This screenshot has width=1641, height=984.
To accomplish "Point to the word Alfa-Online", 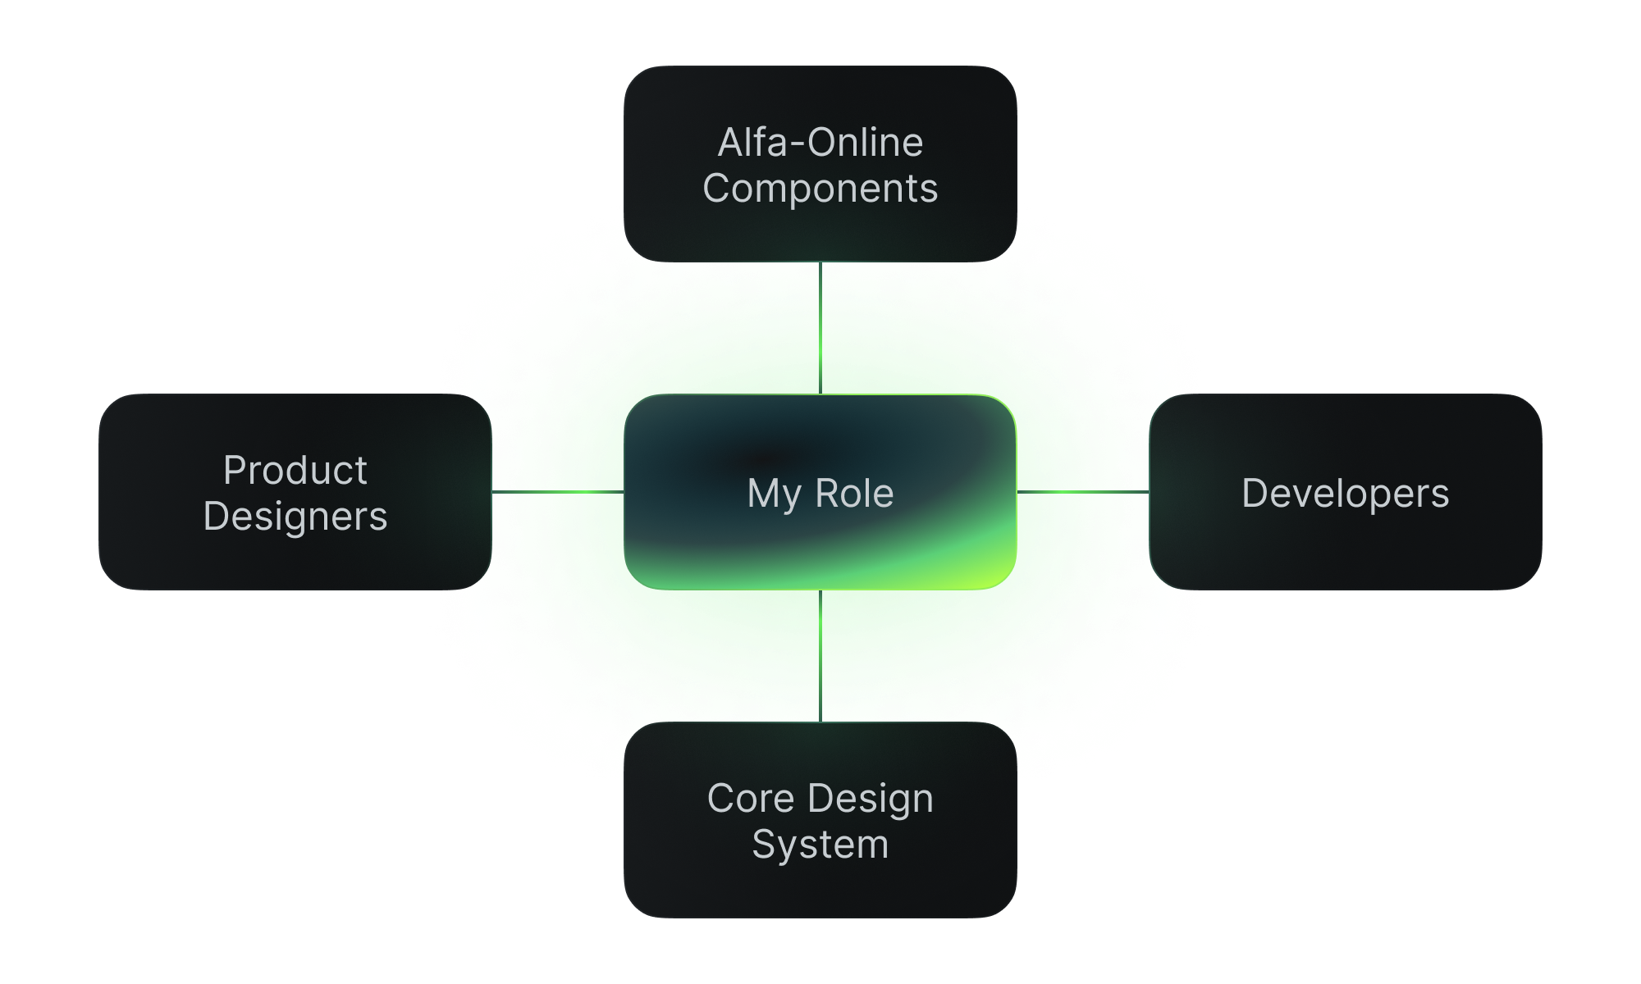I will (820, 143).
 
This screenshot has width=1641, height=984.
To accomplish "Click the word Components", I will (820, 189).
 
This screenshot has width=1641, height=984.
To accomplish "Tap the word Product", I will (295, 471).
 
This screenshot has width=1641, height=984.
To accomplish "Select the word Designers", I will (295, 517).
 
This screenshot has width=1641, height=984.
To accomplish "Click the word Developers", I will (1346, 494).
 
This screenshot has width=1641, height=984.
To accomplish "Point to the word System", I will (820, 845).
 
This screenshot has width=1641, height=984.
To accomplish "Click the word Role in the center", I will (854, 494).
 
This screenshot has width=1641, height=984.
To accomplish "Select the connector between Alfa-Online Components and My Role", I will (820, 328).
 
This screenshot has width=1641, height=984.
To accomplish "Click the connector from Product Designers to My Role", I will (558, 492).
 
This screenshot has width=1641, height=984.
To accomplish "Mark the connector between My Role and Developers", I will (1083, 492).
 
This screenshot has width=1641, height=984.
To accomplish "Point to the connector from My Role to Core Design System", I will (820, 656).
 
